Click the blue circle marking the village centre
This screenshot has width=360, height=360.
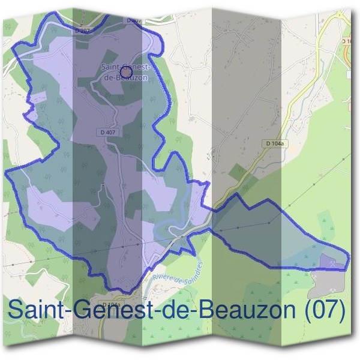coord(126,72)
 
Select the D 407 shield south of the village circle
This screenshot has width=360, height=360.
coord(108,132)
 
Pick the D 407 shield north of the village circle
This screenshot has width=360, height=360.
coord(133,20)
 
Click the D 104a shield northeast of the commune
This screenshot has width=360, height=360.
coord(276,143)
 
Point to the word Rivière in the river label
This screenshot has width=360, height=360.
coord(164,276)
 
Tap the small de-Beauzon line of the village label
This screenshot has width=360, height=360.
coord(125,77)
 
